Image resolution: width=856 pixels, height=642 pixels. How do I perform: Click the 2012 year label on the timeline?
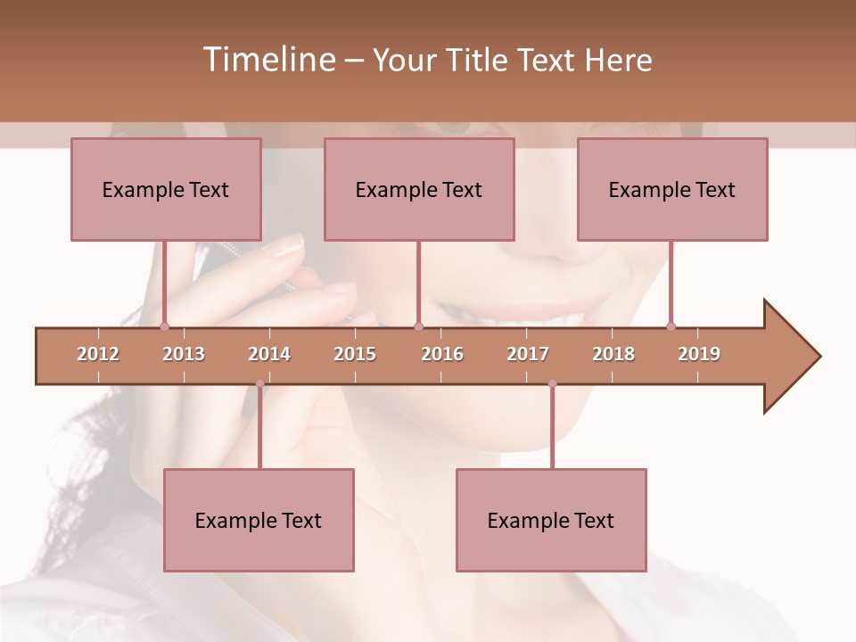[98, 354]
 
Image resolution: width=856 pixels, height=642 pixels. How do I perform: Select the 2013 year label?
[184, 354]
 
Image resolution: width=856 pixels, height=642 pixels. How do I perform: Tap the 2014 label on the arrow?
[269, 354]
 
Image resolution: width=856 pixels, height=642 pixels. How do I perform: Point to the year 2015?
[355, 354]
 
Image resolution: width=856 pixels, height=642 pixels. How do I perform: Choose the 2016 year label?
[442, 354]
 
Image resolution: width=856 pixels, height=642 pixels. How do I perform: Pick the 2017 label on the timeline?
[528, 354]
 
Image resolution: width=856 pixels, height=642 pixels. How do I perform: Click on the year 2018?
[613, 354]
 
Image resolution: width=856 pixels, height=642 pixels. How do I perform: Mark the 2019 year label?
[699, 354]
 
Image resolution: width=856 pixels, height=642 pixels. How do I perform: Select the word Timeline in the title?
[267, 60]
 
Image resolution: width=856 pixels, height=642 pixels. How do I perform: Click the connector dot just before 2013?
[164, 326]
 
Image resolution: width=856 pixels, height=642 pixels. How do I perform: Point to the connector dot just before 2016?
[418, 326]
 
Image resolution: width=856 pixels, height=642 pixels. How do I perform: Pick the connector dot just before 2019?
[671, 326]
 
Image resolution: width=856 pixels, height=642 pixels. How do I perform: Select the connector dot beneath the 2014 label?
[259, 383]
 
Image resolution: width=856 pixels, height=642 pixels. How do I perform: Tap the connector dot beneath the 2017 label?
[552, 383]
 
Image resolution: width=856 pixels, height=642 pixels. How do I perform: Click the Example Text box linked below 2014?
[259, 520]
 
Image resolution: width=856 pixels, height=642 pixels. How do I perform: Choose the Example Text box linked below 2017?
[551, 520]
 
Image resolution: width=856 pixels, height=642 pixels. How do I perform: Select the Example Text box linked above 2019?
[672, 189]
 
